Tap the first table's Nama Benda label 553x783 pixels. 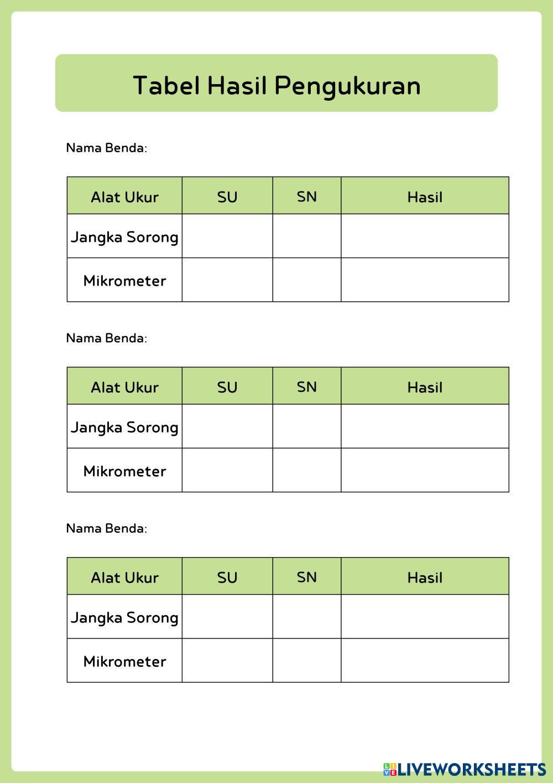[106, 148]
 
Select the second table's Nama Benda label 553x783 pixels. [106, 338]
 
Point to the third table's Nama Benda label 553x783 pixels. [106, 528]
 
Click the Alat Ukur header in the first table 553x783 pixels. [124, 197]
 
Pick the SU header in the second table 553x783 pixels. [227, 387]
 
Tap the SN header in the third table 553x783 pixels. [306, 577]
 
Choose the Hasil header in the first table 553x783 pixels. [425, 197]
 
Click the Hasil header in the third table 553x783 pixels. [425, 578]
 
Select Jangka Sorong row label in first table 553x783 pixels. [124, 237]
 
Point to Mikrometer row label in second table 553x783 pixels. [124, 471]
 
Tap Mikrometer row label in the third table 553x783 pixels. [124, 661]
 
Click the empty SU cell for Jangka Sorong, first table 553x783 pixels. [227, 236]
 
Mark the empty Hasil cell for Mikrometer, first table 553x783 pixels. [425, 280]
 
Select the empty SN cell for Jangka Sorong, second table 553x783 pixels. [306, 426]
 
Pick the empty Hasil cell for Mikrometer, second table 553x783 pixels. [425, 470]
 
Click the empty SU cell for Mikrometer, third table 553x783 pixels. [227, 660]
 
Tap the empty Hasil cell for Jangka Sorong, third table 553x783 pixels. [425, 616]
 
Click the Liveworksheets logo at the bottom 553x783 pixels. [465, 769]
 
